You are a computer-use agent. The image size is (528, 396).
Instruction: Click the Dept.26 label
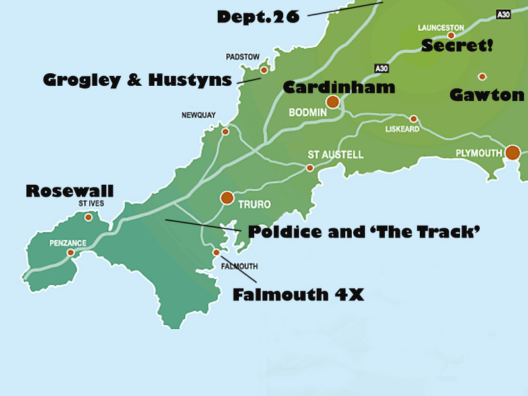(258, 16)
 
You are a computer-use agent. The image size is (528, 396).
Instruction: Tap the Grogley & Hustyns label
(137, 81)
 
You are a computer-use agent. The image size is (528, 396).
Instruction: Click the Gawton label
(486, 95)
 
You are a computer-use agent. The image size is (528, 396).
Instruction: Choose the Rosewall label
(69, 191)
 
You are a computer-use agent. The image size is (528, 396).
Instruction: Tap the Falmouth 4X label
(298, 295)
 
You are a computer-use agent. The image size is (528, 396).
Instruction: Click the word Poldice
(276, 232)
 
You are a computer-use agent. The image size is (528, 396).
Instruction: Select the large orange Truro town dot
(227, 197)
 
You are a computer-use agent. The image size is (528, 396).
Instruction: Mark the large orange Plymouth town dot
(513, 153)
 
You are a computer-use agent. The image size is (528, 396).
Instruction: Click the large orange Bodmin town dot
(333, 102)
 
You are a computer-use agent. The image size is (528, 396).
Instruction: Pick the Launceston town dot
(451, 36)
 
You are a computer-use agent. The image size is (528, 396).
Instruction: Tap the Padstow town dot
(264, 69)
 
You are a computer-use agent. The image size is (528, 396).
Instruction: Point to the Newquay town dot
(225, 131)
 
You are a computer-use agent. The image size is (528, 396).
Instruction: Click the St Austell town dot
(310, 168)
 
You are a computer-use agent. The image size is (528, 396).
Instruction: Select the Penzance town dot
(71, 252)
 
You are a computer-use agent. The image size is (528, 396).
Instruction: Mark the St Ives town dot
(88, 216)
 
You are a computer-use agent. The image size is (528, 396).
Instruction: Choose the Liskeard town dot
(414, 119)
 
